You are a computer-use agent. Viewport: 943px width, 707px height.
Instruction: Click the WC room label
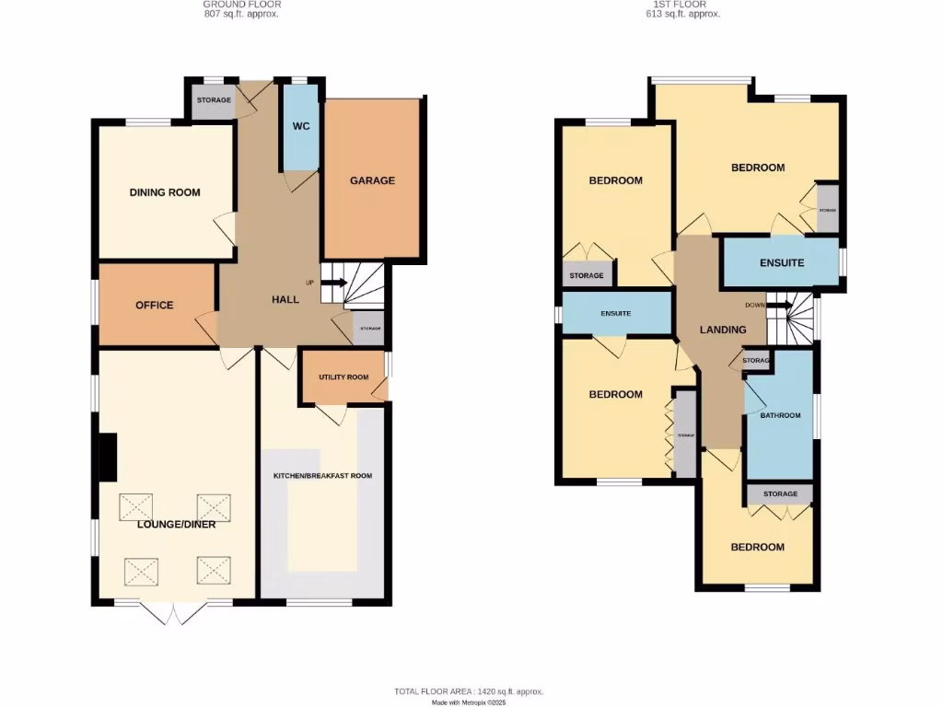(x=299, y=126)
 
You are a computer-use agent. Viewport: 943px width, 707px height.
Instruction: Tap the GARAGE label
(x=372, y=180)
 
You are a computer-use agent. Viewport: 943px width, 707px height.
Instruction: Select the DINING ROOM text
(x=165, y=192)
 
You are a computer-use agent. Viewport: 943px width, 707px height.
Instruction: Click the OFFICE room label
(x=155, y=305)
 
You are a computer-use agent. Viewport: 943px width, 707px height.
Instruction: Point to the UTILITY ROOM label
(x=343, y=377)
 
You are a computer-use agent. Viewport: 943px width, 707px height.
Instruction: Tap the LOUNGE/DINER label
(x=177, y=525)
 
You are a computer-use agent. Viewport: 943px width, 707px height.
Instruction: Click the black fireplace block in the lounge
(x=107, y=458)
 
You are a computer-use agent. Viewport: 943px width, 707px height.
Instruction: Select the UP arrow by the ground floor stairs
(x=333, y=283)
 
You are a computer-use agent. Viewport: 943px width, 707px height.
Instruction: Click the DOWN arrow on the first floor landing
(x=779, y=306)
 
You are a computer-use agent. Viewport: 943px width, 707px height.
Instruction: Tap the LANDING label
(x=723, y=330)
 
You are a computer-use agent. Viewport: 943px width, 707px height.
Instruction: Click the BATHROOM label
(x=780, y=415)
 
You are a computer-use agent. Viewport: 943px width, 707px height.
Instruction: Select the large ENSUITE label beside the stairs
(x=782, y=262)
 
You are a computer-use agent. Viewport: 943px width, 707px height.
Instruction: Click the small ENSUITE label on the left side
(x=615, y=314)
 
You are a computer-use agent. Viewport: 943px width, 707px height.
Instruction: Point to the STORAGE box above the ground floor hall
(x=214, y=100)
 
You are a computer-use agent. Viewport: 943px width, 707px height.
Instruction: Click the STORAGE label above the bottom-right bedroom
(x=780, y=494)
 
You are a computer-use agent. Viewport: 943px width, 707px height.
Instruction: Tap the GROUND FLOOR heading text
(x=240, y=5)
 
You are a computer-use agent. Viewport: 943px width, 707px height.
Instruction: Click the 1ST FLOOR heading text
(x=682, y=5)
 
